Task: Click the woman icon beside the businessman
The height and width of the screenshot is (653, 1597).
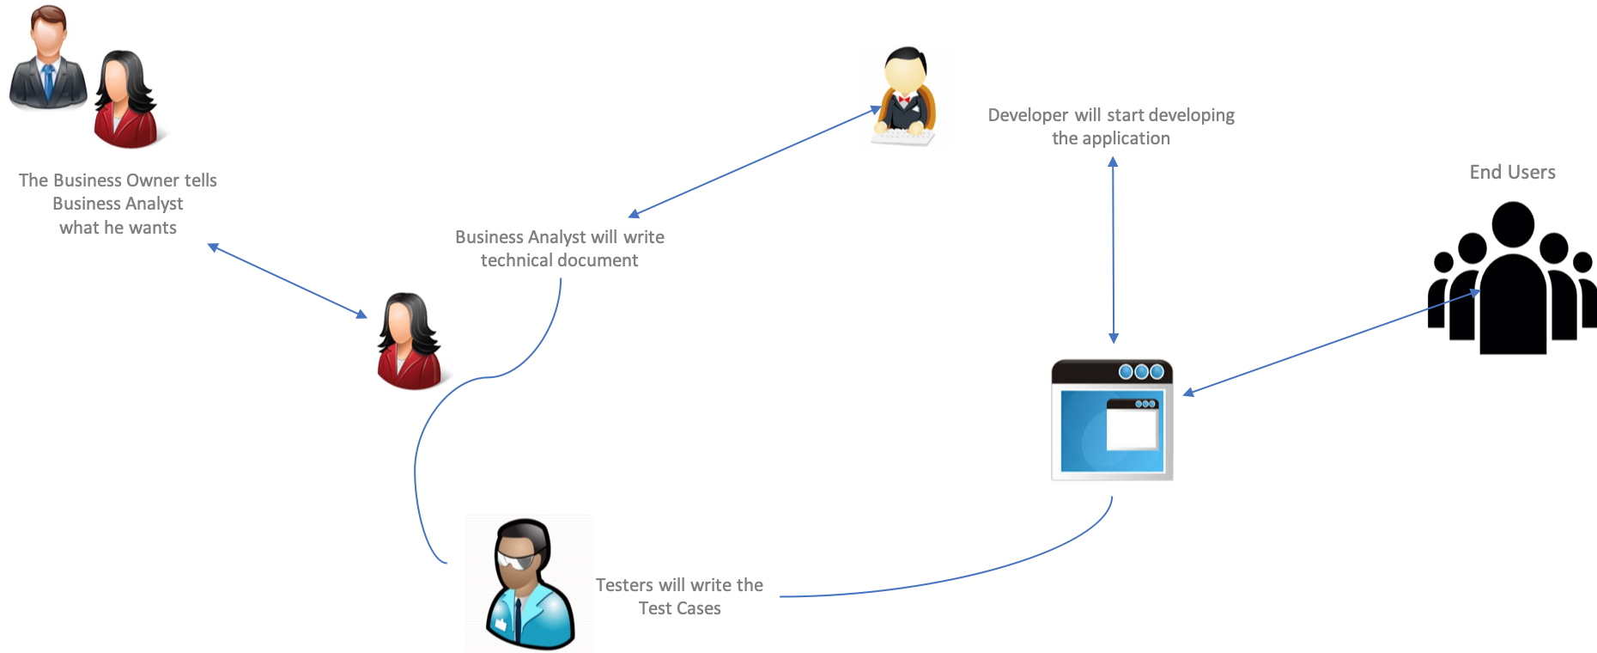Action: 130,98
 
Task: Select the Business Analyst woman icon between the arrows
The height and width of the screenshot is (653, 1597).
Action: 414,340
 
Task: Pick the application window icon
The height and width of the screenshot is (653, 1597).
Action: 1112,419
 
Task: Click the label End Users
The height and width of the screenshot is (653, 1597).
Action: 1512,172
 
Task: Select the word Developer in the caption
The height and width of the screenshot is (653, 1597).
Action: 1028,115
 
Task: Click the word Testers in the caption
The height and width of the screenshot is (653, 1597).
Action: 624,585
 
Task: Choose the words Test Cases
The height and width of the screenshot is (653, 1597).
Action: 679,608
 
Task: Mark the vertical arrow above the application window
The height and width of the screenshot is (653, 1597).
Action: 1113,249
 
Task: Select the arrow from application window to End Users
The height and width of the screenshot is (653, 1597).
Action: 1331,342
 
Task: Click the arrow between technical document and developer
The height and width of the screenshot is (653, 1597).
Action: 754,161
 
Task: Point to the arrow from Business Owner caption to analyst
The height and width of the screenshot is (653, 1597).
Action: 288,280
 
